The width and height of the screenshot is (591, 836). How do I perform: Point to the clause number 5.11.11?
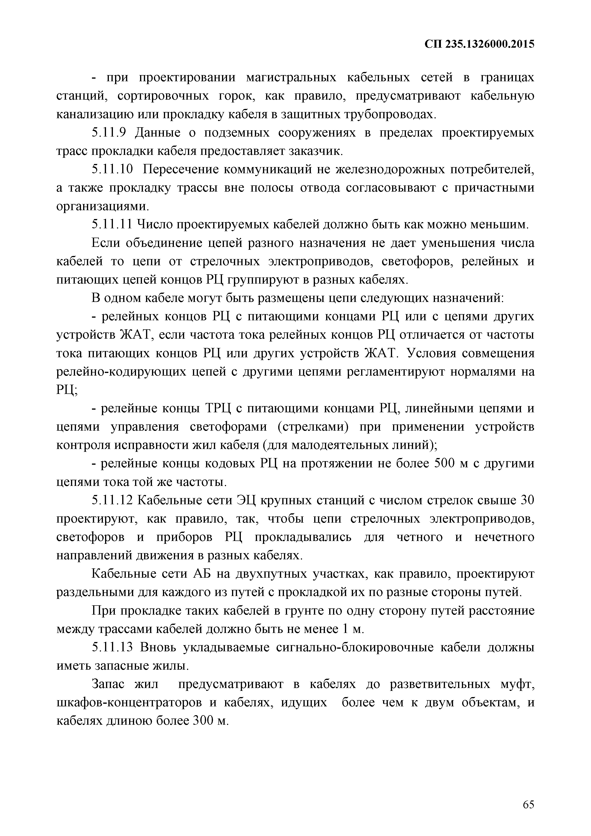tap(112, 225)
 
